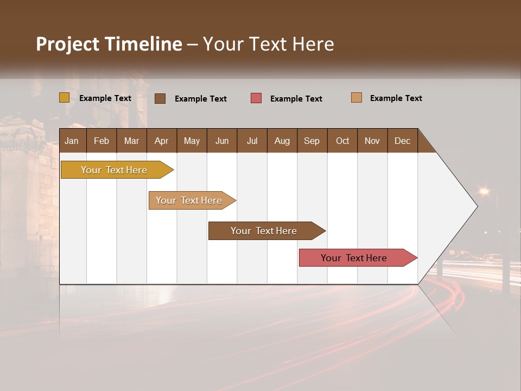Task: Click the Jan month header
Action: click(72, 141)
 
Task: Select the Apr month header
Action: click(161, 141)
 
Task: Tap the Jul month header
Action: click(252, 141)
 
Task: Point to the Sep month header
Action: click(312, 141)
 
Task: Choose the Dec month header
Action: click(402, 141)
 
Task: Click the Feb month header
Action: click(101, 141)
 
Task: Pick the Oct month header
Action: click(342, 141)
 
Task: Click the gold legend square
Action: click(64, 98)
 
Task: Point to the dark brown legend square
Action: click(160, 98)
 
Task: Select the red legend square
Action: click(256, 98)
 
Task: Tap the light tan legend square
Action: click(357, 98)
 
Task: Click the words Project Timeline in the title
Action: click(109, 44)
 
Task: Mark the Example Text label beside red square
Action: click(296, 99)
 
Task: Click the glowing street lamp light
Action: click(484, 191)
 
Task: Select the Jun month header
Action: click(222, 141)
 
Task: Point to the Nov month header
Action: click(372, 141)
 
